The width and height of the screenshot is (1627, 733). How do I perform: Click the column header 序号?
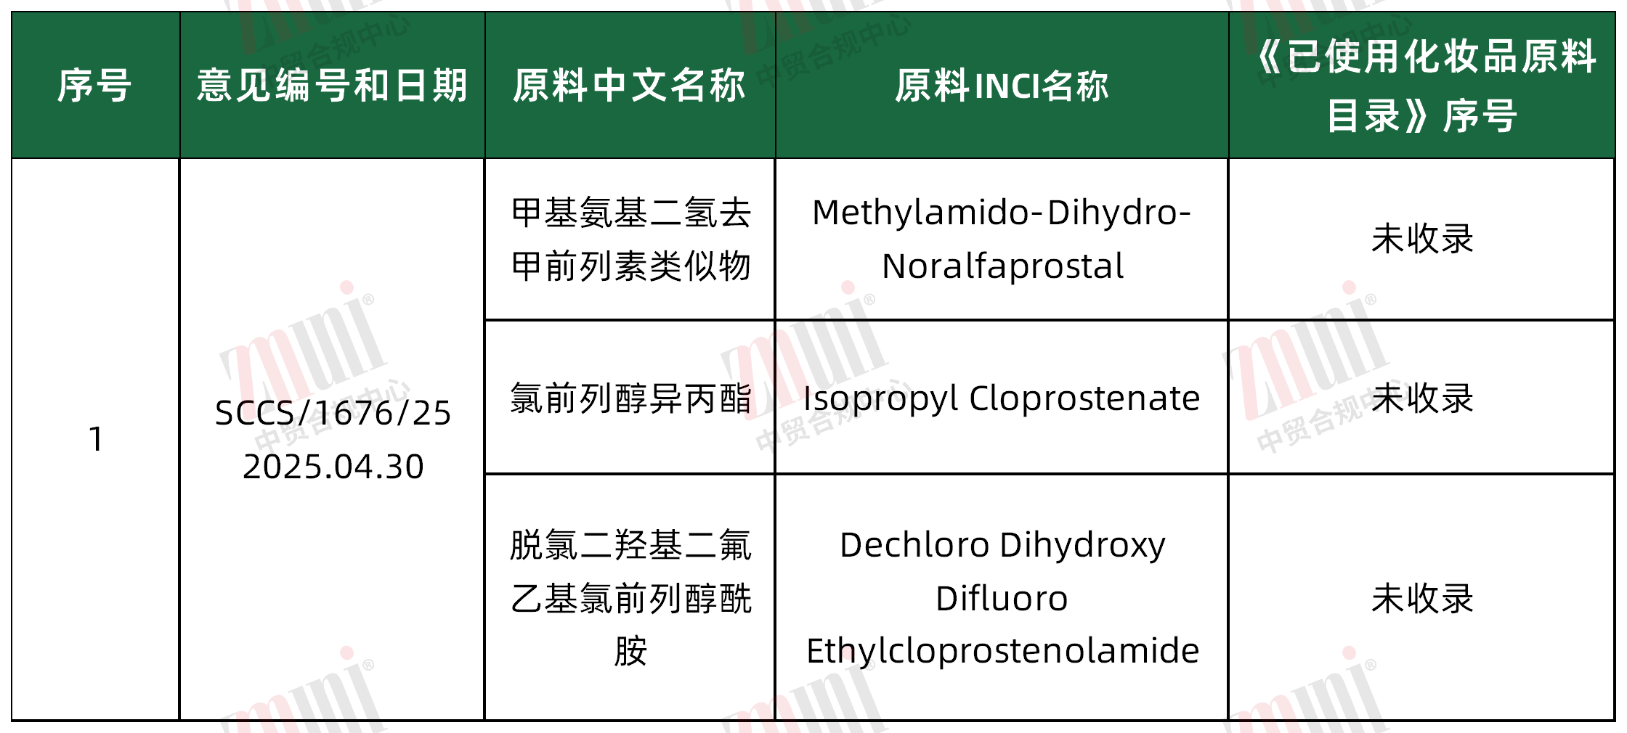[95, 86]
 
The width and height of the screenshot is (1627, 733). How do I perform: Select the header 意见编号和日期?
[332, 86]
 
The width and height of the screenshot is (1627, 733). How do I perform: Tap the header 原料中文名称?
[630, 86]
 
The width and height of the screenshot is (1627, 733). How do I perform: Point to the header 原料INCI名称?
[1002, 86]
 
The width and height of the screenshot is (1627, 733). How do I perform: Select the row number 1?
[95, 439]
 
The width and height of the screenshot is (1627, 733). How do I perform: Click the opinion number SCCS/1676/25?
[333, 413]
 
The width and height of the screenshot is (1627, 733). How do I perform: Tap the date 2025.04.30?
[333, 466]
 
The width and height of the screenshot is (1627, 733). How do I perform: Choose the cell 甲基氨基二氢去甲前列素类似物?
[630, 239]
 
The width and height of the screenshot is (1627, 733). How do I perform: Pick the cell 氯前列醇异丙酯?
[630, 398]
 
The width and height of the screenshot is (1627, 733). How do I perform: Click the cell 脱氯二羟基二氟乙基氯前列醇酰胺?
[630, 598]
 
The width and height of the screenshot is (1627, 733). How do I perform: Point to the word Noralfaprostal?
[1002, 266]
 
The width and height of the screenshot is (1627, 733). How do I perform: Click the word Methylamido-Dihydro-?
[1002, 213]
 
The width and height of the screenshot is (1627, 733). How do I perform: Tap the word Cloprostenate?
[1084, 398]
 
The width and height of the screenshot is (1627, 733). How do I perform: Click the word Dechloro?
[914, 544]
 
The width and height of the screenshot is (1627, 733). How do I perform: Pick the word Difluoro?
[1002, 598]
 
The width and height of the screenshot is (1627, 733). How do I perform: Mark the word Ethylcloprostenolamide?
[1002, 651]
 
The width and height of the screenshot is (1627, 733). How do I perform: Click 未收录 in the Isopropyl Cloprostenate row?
[1422, 398]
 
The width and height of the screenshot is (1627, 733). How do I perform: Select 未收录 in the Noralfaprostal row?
[1422, 239]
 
